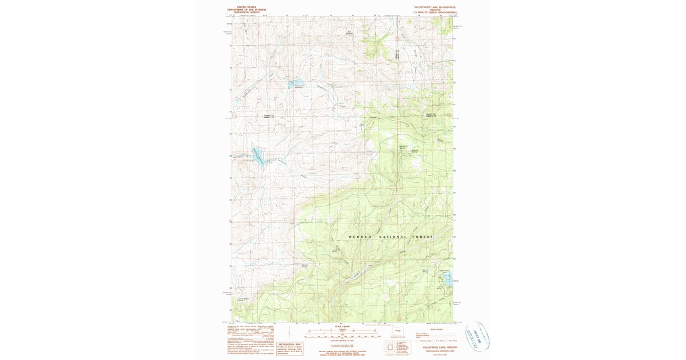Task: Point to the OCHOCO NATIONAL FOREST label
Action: tap(391, 237)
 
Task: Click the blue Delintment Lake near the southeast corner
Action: tap(449, 279)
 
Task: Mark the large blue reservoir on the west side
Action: tap(258, 155)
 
